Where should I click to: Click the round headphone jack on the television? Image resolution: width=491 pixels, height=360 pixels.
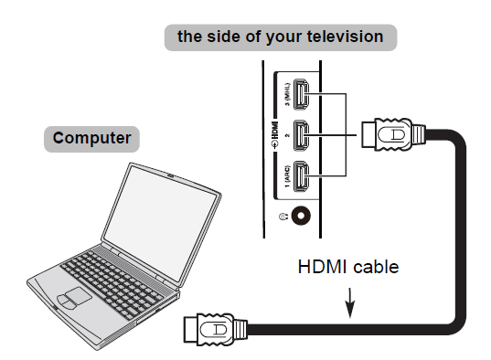pos(298,217)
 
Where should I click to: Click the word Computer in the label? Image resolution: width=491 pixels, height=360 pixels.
pos(91,139)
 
